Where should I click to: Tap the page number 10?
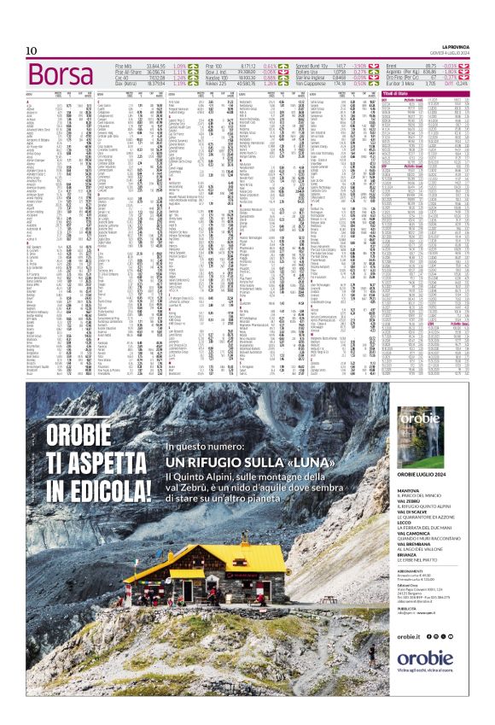click(x=32, y=51)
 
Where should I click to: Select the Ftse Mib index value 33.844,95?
click(x=155, y=66)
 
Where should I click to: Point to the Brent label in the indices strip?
click(x=393, y=66)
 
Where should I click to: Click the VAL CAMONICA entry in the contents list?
click(x=417, y=535)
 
